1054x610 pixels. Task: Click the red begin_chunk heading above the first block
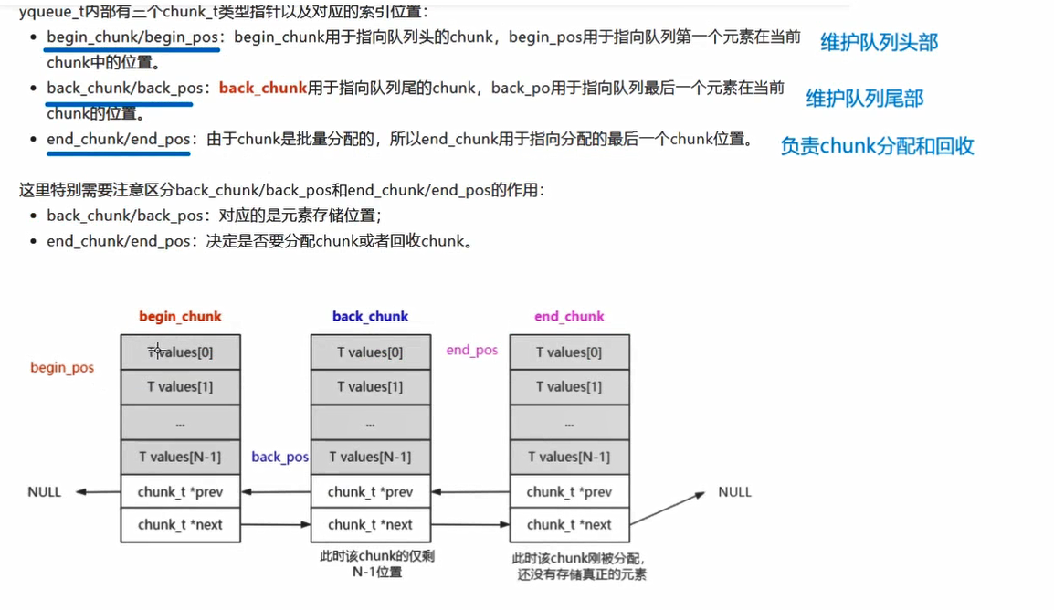180,317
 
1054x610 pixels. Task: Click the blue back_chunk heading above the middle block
370,317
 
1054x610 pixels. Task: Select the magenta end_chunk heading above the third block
569,317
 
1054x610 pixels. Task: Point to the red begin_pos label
62,368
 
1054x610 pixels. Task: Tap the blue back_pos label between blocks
279,457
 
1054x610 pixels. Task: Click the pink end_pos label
471,351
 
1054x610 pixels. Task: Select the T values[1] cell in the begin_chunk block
180,387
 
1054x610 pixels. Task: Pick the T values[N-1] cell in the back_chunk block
370,457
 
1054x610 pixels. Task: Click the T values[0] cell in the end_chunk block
569,352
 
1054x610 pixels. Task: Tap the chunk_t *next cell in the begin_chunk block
180,525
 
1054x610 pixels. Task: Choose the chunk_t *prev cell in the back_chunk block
370,492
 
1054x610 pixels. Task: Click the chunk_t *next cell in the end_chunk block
569,525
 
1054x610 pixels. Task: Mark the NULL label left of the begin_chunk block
44,492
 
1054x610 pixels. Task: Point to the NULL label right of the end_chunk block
734,492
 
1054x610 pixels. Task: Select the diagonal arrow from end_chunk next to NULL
668,509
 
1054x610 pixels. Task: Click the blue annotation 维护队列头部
879,42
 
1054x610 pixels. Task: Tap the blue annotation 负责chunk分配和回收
877,146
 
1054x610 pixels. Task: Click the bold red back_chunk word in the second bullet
262,89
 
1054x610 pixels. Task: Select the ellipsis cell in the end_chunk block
569,423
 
